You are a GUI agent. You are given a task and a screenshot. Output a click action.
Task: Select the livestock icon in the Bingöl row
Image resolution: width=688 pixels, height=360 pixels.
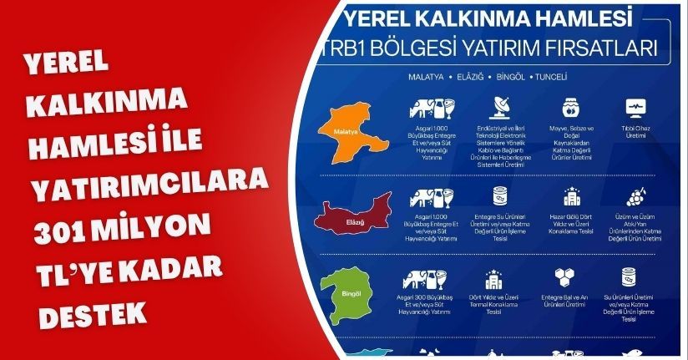click(x=433, y=279)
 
